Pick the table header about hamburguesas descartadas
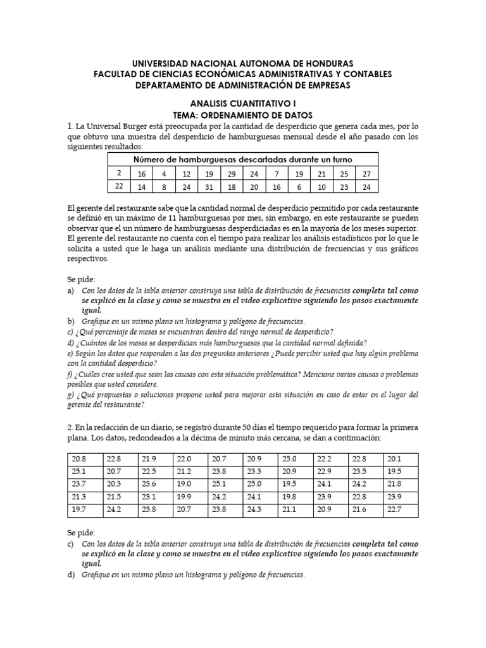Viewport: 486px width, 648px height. point(243,159)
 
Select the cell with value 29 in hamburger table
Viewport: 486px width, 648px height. point(232,173)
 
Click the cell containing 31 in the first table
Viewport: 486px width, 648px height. point(208,187)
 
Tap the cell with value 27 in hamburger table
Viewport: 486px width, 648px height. point(366,173)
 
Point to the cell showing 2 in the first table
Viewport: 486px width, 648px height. point(118,173)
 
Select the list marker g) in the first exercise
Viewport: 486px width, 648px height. point(70,395)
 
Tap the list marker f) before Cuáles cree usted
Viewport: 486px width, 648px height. point(70,373)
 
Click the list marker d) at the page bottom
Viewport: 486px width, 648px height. point(71,575)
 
